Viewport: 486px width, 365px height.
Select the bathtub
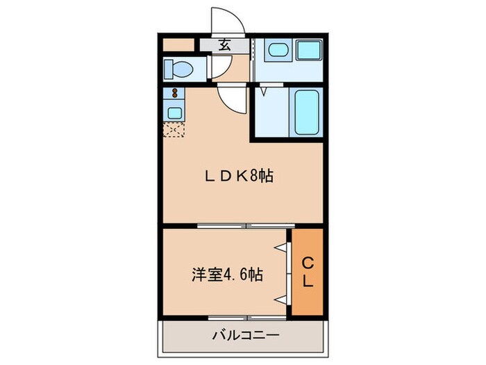pyautogui.click(x=307, y=112)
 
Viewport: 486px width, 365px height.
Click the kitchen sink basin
pyautogui.click(x=173, y=112)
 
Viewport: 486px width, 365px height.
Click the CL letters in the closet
pyautogui.click(x=307, y=273)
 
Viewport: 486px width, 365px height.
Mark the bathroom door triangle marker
pyautogui.click(x=265, y=90)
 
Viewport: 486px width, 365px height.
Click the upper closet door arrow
pyautogui.click(x=281, y=247)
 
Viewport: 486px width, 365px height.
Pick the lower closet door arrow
pyautogui.click(x=281, y=299)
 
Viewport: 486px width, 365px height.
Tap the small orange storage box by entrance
pyautogui.click(x=178, y=46)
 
